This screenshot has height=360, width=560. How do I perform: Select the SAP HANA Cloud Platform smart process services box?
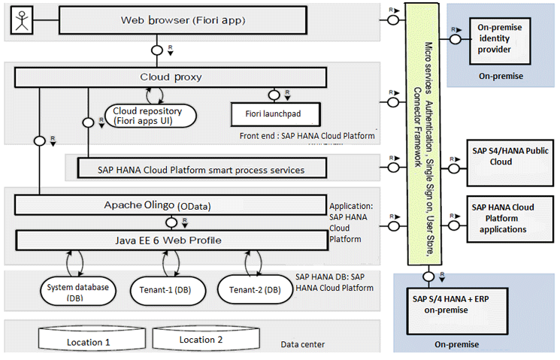coord(201,170)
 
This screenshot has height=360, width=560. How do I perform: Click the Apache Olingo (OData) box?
coord(170,204)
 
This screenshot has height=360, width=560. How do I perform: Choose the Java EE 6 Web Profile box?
coord(170,241)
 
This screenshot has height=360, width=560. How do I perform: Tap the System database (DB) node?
coord(77,289)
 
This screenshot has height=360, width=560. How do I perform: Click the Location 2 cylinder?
coord(199,340)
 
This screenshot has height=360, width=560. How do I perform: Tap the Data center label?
coord(303,344)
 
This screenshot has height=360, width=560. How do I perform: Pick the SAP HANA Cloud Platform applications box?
coord(502,218)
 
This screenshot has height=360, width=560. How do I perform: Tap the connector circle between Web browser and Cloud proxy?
coord(157,50)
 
